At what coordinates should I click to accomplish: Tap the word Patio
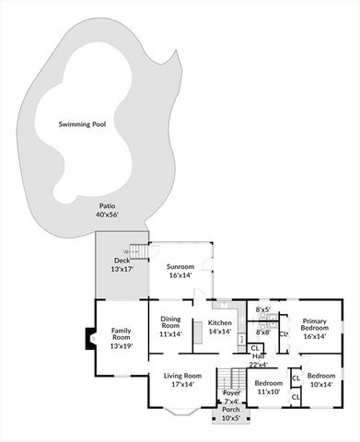click(x=108, y=206)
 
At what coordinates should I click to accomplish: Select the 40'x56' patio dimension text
click(x=108, y=215)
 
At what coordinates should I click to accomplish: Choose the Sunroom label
click(x=180, y=266)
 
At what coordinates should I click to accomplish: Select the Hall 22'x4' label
click(x=258, y=360)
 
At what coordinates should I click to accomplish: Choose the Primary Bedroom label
click(x=314, y=328)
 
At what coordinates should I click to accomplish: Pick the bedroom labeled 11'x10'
click(x=268, y=387)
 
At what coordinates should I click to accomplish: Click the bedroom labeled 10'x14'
click(x=321, y=379)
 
